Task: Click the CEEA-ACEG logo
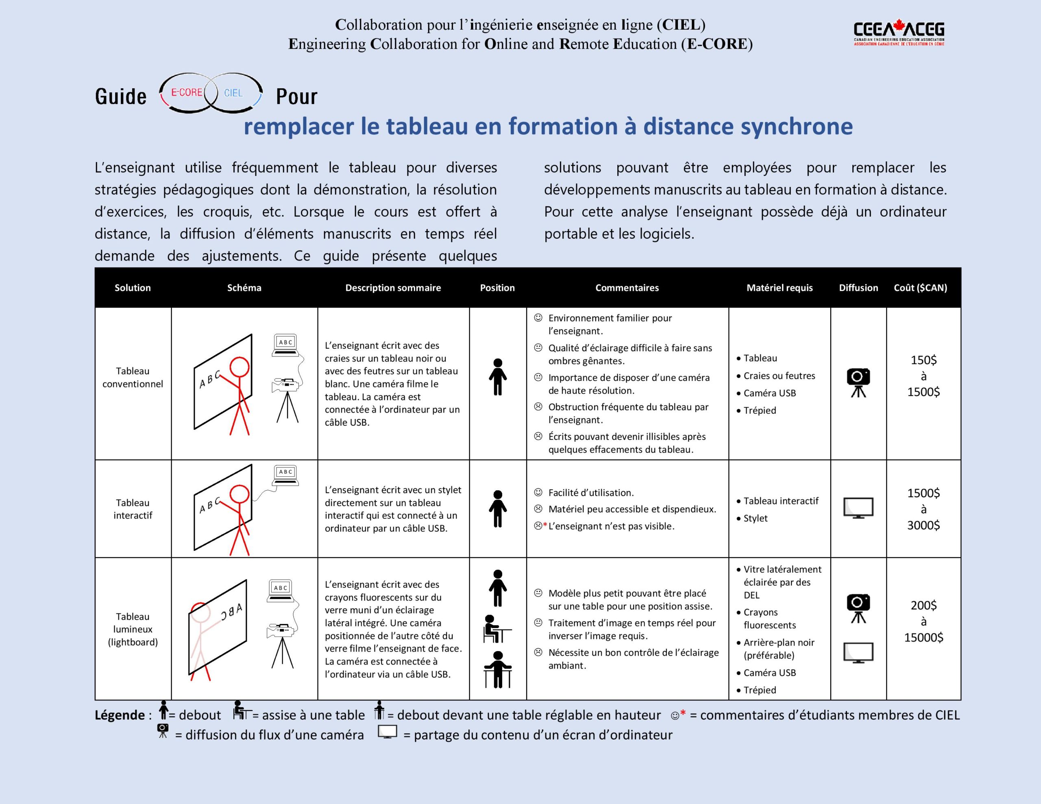pos(899,33)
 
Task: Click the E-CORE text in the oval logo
pos(186,92)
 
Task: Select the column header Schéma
pos(244,288)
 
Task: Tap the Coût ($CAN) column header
pos(920,288)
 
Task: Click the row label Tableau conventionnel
pos(133,378)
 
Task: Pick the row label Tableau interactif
pos(133,509)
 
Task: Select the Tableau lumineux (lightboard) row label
pos(133,629)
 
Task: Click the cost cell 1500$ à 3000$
pos(923,509)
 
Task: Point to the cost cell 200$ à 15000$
pos(923,621)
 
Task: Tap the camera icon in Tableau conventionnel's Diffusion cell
pos(858,382)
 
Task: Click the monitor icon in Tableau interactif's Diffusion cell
pos(858,508)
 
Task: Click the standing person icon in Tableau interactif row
pos(498,508)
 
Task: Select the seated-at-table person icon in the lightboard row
pos(496,629)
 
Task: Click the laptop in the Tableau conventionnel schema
pos(285,345)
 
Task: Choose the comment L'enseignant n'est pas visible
pos(611,526)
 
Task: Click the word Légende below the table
pos(120,715)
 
